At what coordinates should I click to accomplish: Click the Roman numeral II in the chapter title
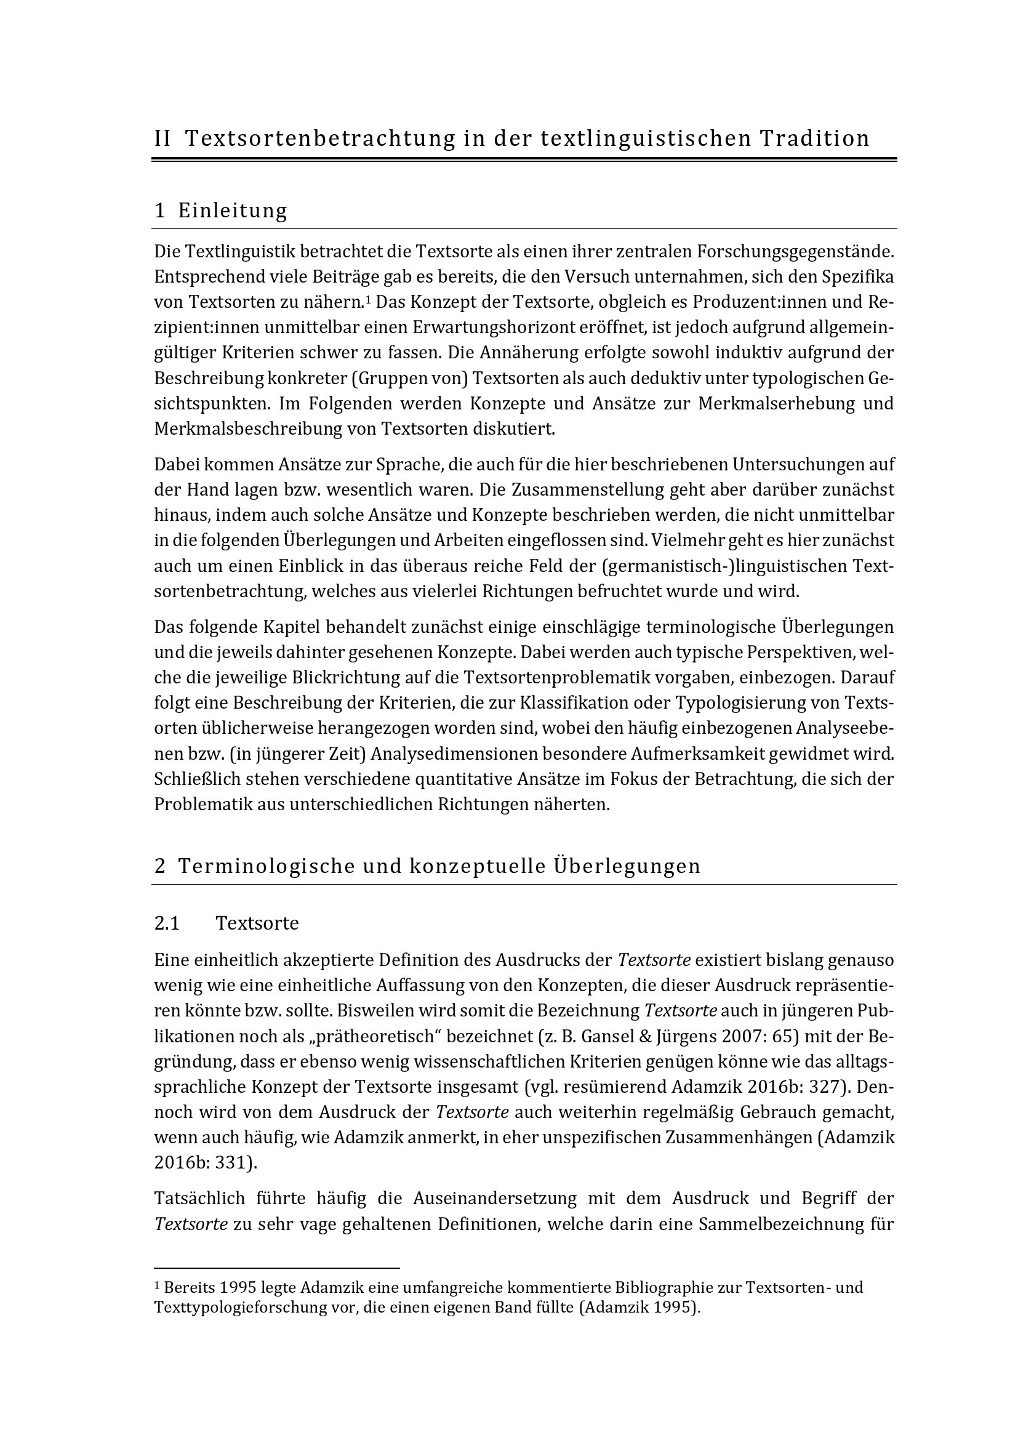(162, 139)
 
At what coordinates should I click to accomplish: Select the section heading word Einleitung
(233, 211)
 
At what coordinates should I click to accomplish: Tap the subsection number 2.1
(167, 923)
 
